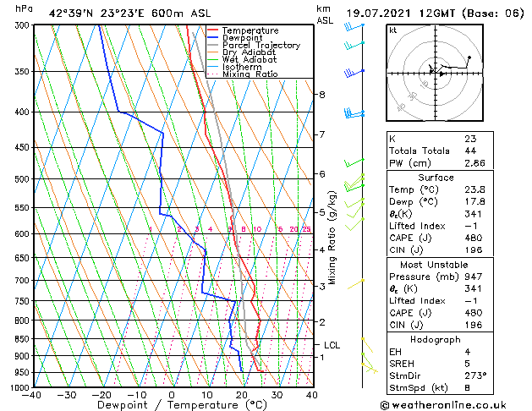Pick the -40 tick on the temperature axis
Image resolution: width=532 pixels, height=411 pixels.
[x=32, y=395]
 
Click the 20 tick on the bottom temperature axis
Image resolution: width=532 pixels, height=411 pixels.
[x=242, y=395]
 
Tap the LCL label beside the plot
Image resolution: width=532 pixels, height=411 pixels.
[x=332, y=345]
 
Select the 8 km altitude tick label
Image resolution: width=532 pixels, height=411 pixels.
[x=321, y=94]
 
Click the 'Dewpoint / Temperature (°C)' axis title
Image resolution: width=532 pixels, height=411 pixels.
[x=171, y=405]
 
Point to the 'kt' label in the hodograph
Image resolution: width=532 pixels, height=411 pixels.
[x=392, y=30]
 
